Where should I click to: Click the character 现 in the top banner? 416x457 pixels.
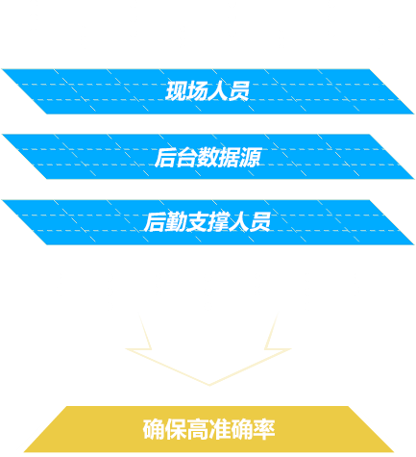point(176,91)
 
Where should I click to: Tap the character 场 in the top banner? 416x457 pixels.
point(197,91)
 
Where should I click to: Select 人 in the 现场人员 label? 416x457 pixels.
point(218,91)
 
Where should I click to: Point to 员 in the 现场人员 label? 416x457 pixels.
point(239,91)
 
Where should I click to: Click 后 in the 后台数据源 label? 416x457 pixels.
point(165,157)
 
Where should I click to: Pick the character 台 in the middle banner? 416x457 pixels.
point(186,157)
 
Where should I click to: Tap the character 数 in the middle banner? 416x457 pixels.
point(208,157)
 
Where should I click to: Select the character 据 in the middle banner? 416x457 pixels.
point(229,157)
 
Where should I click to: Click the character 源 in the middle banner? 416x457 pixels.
point(250,157)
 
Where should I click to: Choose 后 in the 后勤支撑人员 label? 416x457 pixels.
point(155,222)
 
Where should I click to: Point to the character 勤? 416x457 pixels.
point(176,222)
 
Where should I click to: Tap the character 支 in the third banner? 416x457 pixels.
point(197,222)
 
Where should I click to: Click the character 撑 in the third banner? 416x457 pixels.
point(218,222)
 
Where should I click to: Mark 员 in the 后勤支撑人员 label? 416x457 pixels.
point(260,222)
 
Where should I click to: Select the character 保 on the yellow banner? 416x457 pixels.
point(176,429)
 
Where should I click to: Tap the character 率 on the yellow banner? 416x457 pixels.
point(264,429)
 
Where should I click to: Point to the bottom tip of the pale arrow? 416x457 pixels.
point(209,385)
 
